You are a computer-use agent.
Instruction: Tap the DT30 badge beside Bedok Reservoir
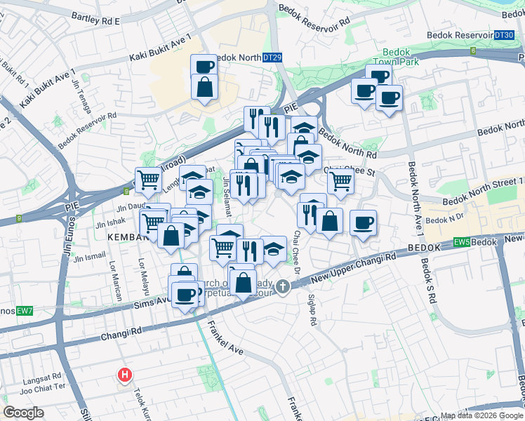504,34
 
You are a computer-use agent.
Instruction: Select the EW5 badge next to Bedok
461,243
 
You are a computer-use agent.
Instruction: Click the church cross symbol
283,286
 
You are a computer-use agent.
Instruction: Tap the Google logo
24,413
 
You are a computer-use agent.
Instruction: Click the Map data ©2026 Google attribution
482,415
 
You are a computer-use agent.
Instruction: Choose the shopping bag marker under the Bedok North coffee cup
204,88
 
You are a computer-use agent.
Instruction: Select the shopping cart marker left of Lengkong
148,180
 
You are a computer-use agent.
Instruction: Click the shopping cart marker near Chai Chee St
340,181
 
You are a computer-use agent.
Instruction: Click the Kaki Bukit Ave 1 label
160,48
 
